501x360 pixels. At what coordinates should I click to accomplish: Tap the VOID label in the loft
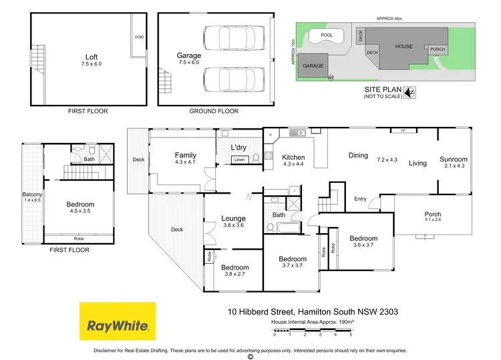pyautogui.click(x=140, y=37)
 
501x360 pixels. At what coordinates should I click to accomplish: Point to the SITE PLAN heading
pyautogui.click(x=383, y=88)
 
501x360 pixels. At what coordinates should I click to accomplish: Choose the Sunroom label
pyautogui.click(x=454, y=160)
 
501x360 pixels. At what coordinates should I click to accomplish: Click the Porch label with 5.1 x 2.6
pyautogui.click(x=433, y=214)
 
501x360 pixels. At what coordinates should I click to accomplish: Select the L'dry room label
pyautogui.click(x=239, y=147)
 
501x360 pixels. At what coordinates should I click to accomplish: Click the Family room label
pyautogui.click(x=185, y=155)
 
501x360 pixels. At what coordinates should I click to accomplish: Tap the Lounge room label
pyautogui.click(x=234, y=218)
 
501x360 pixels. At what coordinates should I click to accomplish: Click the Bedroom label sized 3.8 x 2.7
pyautogui.click(x=234, y=268)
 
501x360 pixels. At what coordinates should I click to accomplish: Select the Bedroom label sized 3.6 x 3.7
pyautogui.click(x=363, y=238)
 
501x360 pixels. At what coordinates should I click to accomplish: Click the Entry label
pyautogui.click(x=360, y=198)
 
